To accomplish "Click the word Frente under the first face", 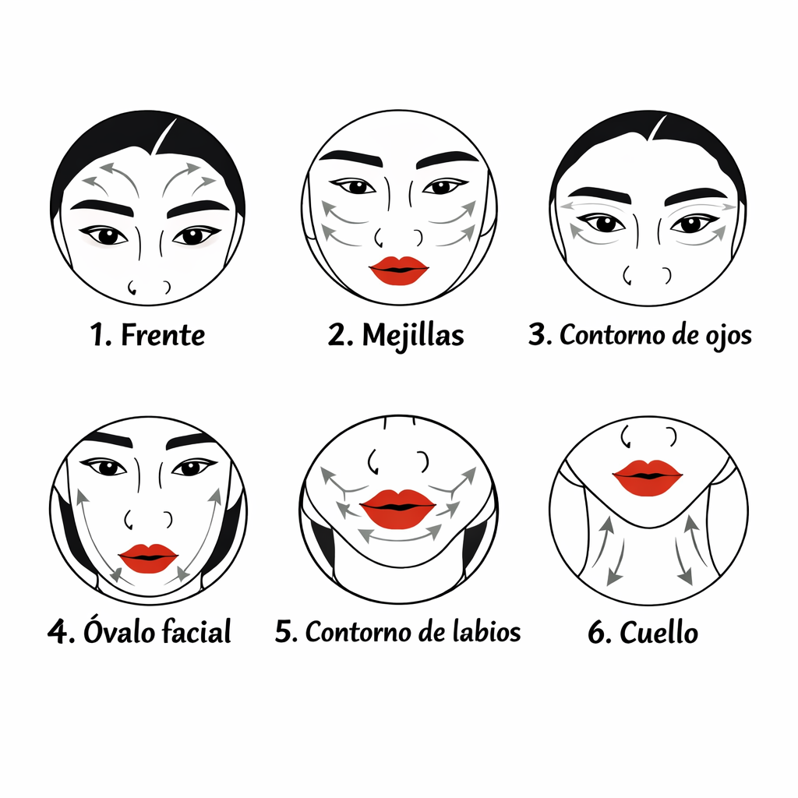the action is pos(163,335).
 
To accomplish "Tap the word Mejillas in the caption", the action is pos(413,337).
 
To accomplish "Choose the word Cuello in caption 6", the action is pos(659,633).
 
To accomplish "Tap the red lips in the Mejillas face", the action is pos(399,270).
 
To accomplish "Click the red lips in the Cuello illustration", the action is pos(648,478).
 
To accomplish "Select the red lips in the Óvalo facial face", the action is pos(149,558).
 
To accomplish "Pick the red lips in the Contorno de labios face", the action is pos(398,508).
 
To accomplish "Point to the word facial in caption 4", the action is pos(196,631).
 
